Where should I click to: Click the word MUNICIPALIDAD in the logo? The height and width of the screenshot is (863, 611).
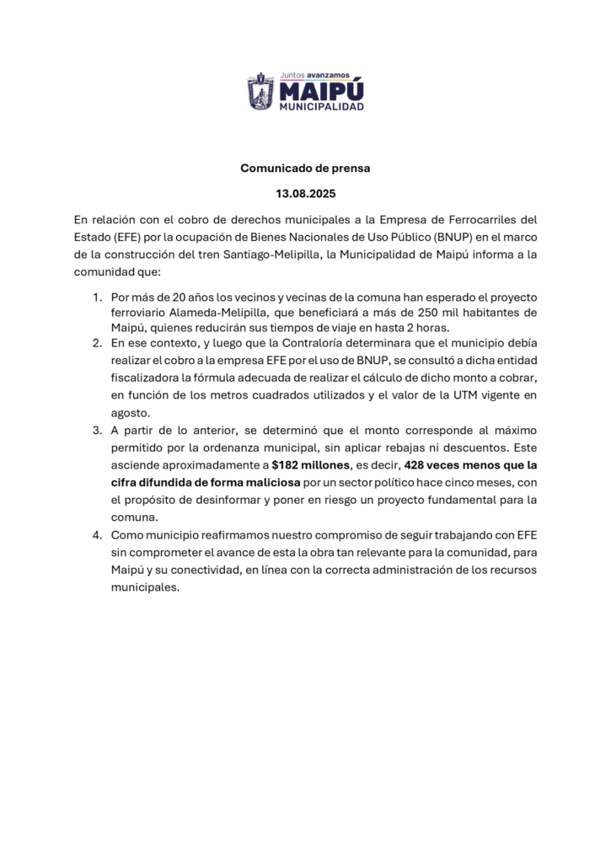[322, 107]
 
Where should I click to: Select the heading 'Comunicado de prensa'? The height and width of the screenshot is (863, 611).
[305, 168]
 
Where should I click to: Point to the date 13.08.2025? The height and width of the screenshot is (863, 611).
[305, 194]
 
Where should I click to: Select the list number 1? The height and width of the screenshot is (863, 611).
[97, 297]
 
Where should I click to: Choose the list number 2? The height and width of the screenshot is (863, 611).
[97, 343]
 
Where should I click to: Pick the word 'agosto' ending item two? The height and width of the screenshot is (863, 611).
[130, 413]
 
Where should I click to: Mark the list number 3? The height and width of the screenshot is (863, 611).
[97, 431]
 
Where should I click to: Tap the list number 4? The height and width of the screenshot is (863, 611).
[97, 534]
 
